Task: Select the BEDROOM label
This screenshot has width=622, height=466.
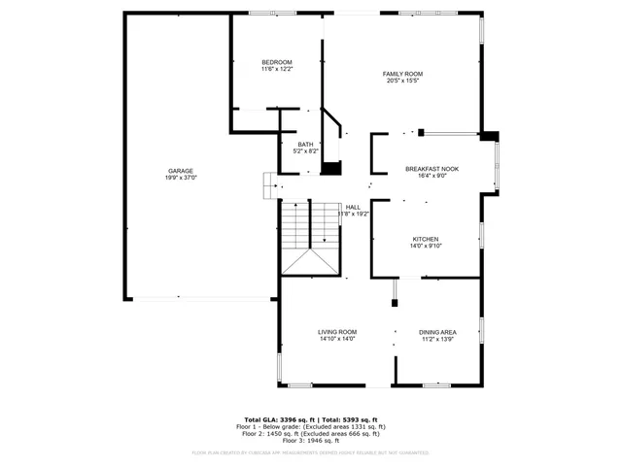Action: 276,62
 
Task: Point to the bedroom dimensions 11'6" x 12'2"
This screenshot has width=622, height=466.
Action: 276,70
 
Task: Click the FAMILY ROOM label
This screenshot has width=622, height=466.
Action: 401,74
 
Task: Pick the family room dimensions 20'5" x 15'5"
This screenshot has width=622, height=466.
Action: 401,82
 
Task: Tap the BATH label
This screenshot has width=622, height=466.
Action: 305,145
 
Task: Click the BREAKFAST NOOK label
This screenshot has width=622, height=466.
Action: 432,169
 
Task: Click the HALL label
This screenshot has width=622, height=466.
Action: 352,207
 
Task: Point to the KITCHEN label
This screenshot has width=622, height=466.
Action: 426,239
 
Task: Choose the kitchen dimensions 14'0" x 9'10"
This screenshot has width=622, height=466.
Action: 426,247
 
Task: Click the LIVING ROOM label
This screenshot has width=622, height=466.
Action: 337,332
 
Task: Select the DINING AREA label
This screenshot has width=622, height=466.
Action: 437,332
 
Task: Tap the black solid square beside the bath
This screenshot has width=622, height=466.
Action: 332,168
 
